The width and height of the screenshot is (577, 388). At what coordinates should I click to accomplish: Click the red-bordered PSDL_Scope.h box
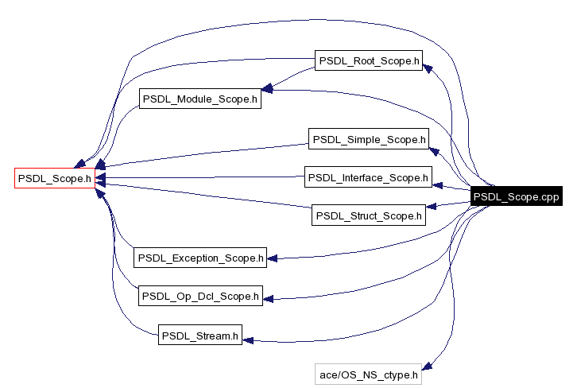pyautogui.click(x=55, y=178)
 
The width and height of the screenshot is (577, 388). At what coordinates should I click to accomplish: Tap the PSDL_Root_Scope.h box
pyautogui.click(x=367, y=60)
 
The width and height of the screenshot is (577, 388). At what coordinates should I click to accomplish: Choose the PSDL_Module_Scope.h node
pyautogui.click(x=200, y=99)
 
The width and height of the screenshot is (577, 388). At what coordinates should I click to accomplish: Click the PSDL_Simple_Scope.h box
pyautogui.click(x=369, y=139)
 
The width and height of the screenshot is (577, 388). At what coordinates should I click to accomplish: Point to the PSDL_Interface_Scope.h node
pyautogui.click(x=368, y=177)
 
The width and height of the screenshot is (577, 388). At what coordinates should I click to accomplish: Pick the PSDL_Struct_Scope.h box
pyautogui.click(x=368, y=215)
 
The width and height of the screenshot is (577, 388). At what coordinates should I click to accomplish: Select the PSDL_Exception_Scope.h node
pyautogui.click(x=199, y=258)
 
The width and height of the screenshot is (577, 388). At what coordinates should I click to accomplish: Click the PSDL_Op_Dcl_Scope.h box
pyautogui.click(x=200, y=296)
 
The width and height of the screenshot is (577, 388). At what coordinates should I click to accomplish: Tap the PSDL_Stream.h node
pyautogui.click(x=199, y=336)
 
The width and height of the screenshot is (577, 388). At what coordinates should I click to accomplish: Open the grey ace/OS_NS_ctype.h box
pyautogui.click(x=367, y=374)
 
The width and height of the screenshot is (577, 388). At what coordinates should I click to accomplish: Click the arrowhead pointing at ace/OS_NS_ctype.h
pyautogui.click(x=427, y=366)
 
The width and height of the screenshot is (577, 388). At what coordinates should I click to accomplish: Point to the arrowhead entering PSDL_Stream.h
pyautogui.click(x=248, y=339)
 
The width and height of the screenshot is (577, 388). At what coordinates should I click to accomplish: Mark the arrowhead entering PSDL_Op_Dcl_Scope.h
pyautogui.click(x=269, y=299)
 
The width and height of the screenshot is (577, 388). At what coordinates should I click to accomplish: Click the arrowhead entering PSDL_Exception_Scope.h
pyautogui.click(x=271, y=258)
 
